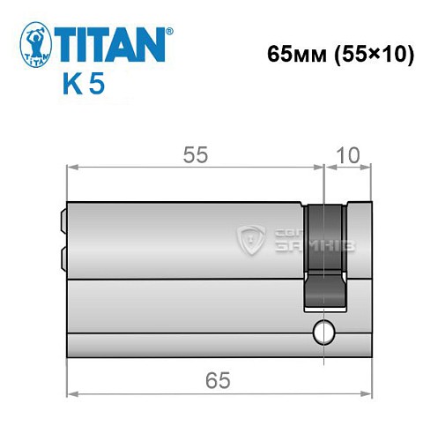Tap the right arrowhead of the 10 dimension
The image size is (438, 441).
[367, 165]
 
